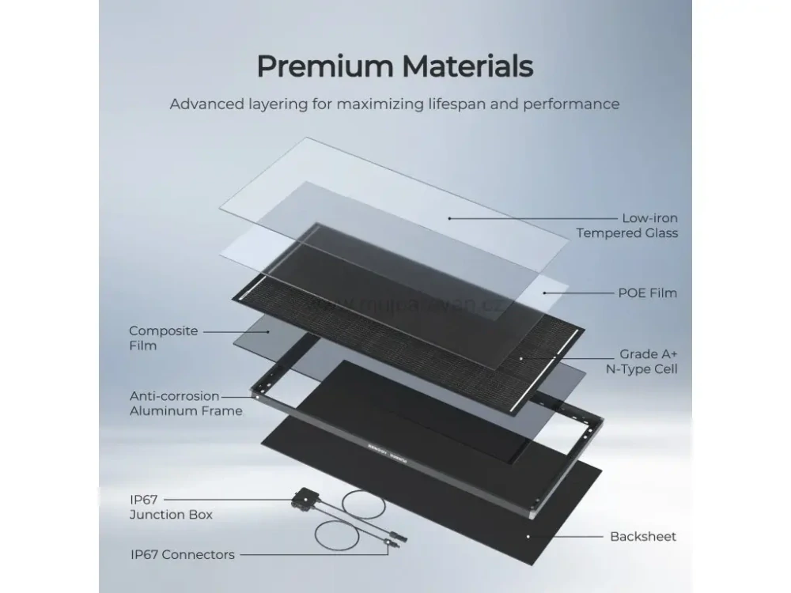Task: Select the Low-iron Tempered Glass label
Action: tap(626, 225)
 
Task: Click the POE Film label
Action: tap(647, 293)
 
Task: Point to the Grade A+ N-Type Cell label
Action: tap(649, 362)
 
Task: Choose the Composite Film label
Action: tap(163, 338)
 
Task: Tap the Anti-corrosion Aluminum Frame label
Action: tap(185, 403)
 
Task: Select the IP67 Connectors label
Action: tap(182, 555)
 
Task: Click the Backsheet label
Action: tap(643, 536)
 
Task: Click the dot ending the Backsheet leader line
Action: tap(529, 536)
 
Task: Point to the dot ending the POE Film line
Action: tap(545, 293)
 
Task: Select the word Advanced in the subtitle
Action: tap(204, 104)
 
